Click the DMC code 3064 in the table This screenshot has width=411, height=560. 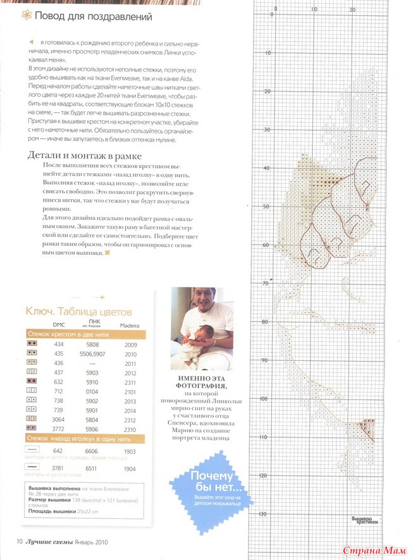59,418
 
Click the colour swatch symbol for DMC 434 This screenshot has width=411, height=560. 30,344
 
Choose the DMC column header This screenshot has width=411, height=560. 59,325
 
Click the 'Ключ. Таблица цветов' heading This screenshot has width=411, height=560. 78,312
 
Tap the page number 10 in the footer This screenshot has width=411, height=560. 20,541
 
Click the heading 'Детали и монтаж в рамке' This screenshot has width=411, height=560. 85,155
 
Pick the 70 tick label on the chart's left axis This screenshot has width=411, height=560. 264,284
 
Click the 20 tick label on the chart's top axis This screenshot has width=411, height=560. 352,11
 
